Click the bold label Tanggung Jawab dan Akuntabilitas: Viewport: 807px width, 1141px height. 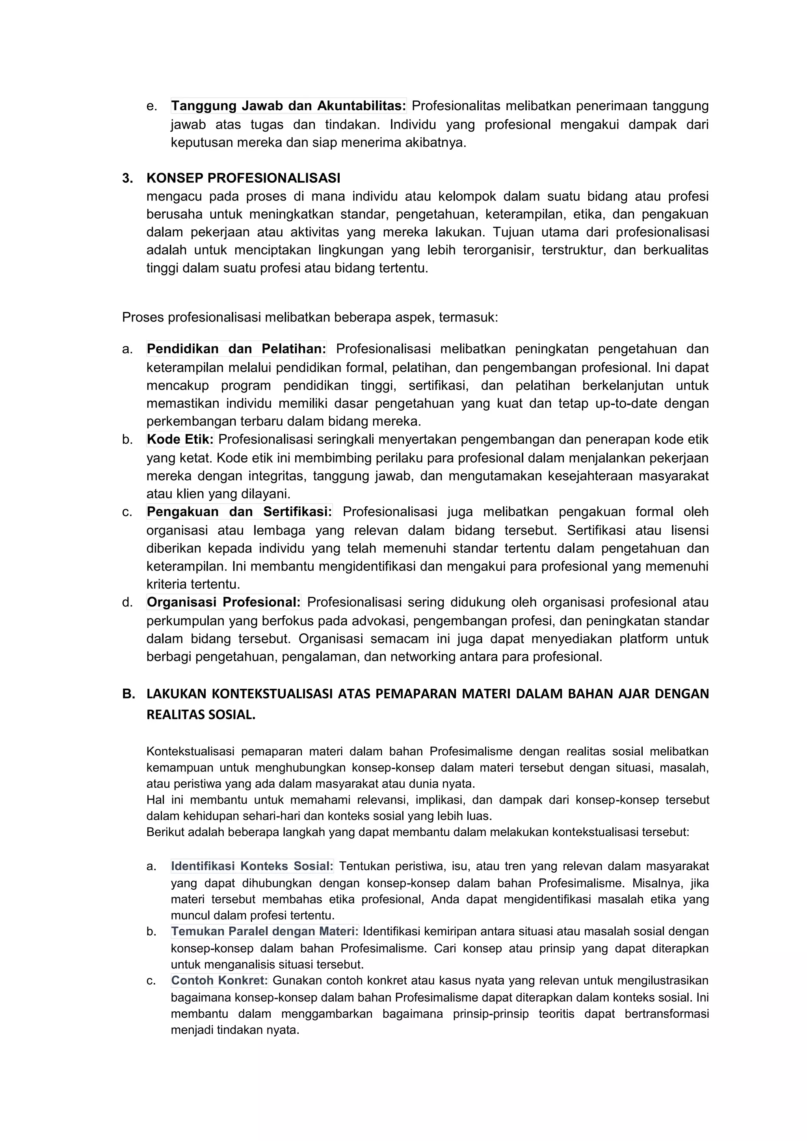coord(288,106)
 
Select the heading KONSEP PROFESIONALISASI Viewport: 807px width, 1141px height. coord(243,178)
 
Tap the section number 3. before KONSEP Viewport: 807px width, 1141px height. coord(127,178)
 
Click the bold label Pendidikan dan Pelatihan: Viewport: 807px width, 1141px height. coord(236,349)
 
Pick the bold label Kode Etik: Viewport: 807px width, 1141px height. coord(180,439)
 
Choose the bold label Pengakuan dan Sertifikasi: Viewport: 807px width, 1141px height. coord(239,511)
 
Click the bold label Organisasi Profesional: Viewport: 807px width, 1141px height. coord(223,602)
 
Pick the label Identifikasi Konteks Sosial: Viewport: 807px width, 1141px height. coord(252,866)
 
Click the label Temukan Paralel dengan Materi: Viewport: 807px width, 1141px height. coord(264,931)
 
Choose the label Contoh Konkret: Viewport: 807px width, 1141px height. coord(219,981)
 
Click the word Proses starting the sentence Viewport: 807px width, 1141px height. coord(143,317)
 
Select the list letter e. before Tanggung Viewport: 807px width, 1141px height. coord(152,106)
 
